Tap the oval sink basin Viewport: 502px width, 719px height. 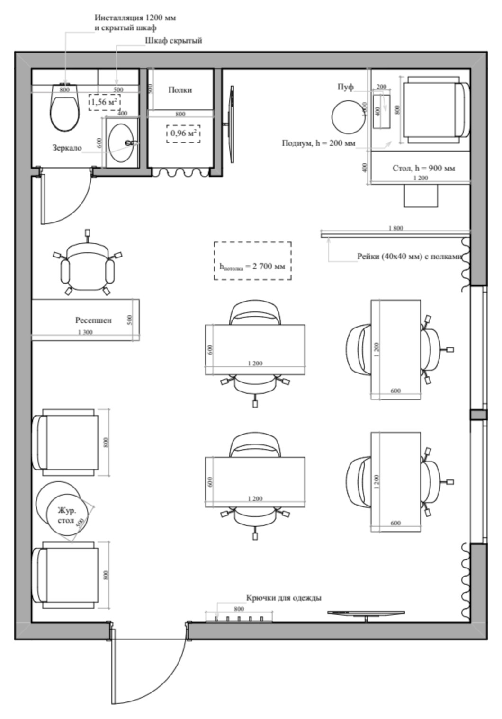point(122,142)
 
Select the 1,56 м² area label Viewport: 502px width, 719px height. point(104,102)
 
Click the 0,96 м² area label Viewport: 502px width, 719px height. point(183,134)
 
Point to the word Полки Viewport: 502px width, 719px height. point(180,90)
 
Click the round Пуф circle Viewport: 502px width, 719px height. point(348,117)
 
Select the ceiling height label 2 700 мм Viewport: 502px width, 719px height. point(252,266)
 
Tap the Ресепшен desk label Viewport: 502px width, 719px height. point(93,320)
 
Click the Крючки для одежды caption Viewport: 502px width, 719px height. point(283,598)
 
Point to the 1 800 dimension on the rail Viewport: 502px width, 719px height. point(395,228)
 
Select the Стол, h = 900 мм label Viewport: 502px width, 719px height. point(424,168)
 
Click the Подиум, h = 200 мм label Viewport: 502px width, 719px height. point(318,143)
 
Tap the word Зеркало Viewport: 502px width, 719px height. point(67,148)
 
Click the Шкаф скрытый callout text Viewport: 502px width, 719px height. point(173,41)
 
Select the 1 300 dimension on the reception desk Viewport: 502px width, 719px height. point(85,332)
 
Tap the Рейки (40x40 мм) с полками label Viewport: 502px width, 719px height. point(409,257)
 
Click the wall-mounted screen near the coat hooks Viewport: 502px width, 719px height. point(366,612)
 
